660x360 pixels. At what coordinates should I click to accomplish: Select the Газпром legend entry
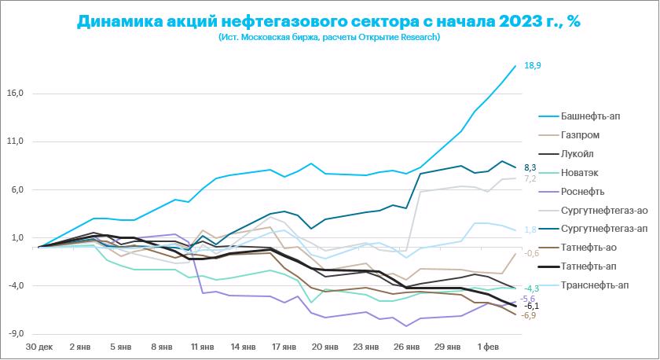582,135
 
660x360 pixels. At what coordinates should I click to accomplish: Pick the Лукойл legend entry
578,154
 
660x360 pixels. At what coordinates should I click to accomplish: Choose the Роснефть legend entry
583,192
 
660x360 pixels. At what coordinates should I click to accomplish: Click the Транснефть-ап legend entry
596,285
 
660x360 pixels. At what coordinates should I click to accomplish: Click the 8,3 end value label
530,167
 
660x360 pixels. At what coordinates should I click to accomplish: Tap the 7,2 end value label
530,179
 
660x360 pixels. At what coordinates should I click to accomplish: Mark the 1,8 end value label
530,230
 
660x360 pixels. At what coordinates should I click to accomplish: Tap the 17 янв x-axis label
283,347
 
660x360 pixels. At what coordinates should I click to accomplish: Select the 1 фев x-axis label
488,347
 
